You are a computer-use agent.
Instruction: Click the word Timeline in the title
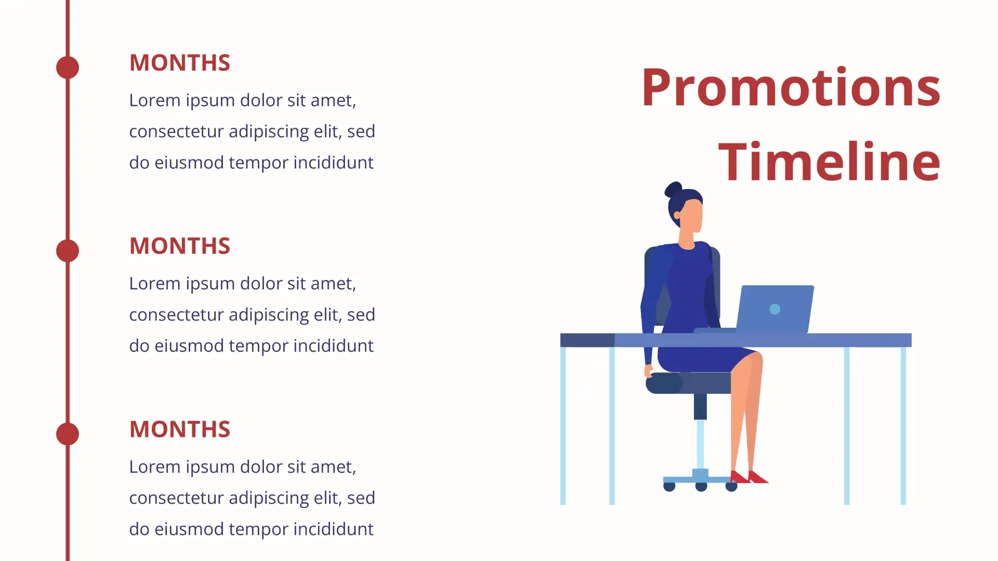click(830, 162)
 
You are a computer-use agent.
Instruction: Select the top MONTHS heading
click(180, 63)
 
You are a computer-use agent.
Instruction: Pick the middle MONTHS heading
click(180, 246)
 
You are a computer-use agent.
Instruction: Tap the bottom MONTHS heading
click(180, 430)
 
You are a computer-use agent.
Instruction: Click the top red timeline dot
click(68, 68)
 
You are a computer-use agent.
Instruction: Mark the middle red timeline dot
click(68, 251)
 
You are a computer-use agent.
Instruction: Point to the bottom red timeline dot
click(68, 434)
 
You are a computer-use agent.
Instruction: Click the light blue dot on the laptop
click(775, 309)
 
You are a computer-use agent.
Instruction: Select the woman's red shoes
click(749, 477)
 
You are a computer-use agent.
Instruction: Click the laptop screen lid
click(775, 309)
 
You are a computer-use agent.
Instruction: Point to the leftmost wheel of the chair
click(669, 487)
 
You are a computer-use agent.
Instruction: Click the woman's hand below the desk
click(649, 370)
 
